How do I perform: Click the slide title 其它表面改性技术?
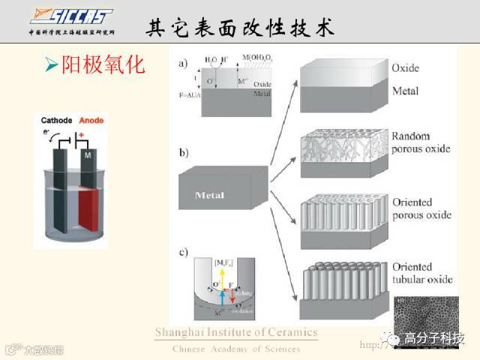(239, 29)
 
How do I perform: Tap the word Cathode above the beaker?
(57, 120)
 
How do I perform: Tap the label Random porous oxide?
(421, 142)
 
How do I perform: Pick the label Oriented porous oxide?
(421, 209)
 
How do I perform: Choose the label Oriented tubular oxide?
(422, 273)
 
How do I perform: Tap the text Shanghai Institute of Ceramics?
(236, 333)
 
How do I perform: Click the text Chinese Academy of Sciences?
(236, 349)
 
